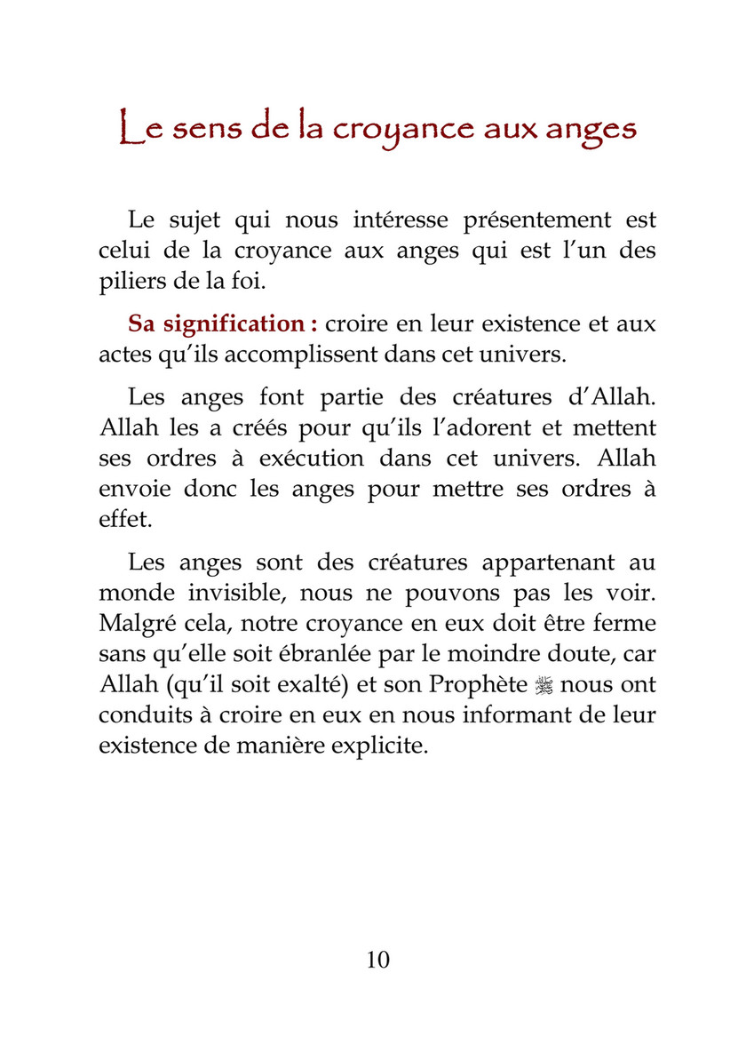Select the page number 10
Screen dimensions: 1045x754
[x=377, y=959]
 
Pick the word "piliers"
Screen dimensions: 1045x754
[x=128, y=283]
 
